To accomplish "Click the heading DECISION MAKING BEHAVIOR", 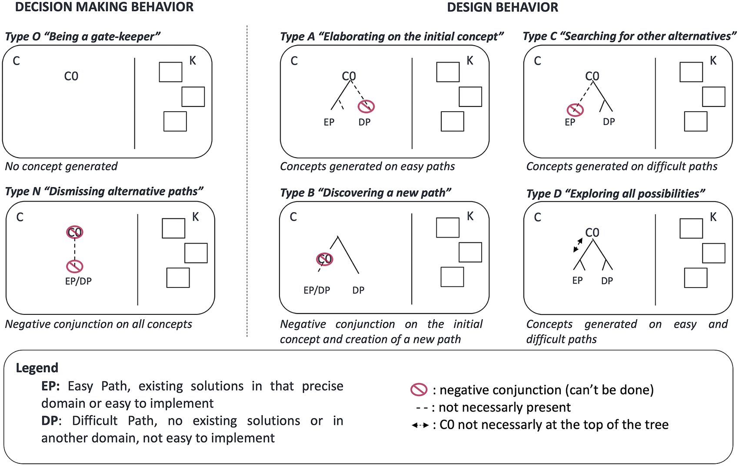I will [x=104, y=7].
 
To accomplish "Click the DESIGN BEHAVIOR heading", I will [x=503, y=7].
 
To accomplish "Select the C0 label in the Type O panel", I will [x=71, y=76].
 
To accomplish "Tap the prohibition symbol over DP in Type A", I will [x=366, y=106].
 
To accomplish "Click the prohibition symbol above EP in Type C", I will [x=575, y=110].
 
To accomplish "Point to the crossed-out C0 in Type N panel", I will [x=75, y=232].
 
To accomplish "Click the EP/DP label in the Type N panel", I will [x=78, y=281].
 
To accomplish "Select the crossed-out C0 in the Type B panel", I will [x=324, y=259].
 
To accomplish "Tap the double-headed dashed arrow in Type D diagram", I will [x=578, y=245].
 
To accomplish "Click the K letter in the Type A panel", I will [x=470, y=61].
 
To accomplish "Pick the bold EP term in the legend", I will [x=50, y=386].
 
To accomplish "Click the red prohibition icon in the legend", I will [x=419, y=390].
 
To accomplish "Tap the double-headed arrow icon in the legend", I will [x=420, y=425].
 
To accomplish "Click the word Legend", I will [x=37, y=368].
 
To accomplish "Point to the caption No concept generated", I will [x=61, y=166].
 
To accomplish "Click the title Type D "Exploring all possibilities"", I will [x=616, y=194].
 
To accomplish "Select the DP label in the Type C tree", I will [x=609, y=122].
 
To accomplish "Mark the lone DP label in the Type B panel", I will [x=358, y=290].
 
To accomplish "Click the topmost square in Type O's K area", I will [x=170, y=72].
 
